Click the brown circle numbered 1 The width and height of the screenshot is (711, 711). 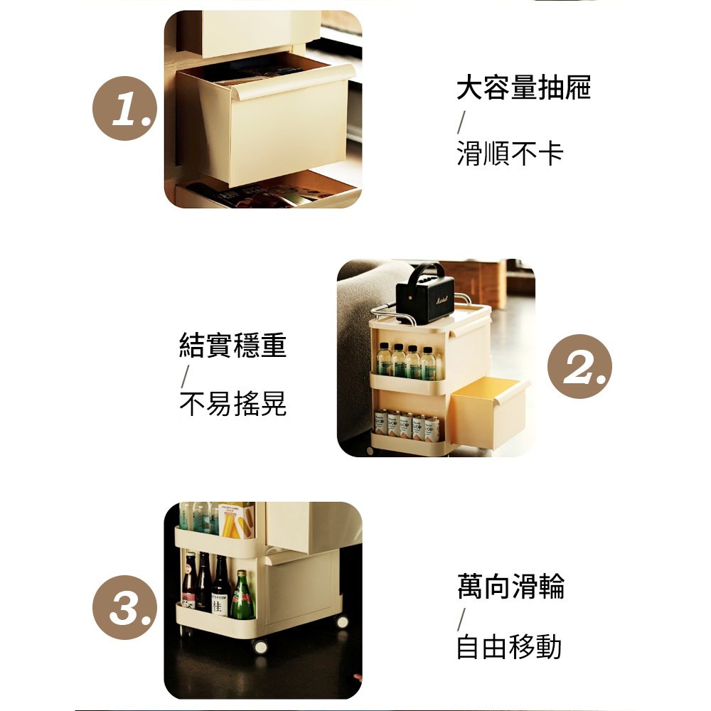point(124,108)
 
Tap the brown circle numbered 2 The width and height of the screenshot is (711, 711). point(579,366)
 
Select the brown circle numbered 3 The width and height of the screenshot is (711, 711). point(124,607)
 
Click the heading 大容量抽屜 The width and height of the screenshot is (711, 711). point(524,87)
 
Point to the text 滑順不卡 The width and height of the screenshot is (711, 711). point(510,153)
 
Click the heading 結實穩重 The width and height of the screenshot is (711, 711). point(233,345)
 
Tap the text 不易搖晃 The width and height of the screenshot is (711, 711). point(233,403)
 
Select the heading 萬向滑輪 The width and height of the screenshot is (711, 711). point(511,587)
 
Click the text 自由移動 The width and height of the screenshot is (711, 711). point(509,646)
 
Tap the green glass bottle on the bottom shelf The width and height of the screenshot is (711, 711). point(243,595)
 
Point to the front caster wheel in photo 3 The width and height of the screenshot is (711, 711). point(260,646)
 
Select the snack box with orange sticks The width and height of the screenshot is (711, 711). point(236,520)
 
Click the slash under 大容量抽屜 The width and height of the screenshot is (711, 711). point(461,122)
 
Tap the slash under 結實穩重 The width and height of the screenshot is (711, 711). point(185,376)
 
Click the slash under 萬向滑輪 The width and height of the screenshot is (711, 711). point(461,620)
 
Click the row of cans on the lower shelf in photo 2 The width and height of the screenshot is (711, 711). point(407,426)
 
